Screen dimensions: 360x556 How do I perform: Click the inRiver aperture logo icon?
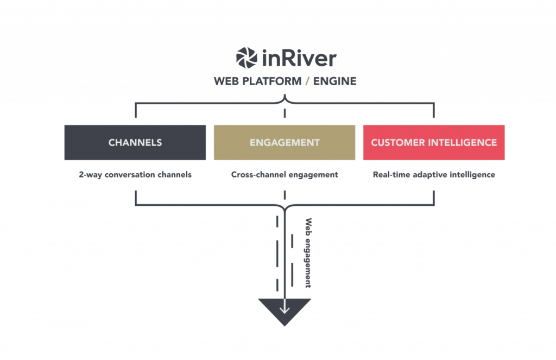tap(247, 58)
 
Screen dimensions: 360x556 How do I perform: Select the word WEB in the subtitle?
tap(225, 81)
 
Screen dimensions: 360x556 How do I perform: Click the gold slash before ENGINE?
tap(307, 81)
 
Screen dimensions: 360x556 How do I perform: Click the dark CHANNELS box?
tap(135, 142)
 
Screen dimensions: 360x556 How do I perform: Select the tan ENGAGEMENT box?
tap(285, 142)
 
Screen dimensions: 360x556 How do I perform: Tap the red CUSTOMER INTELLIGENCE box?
tap(434, 142)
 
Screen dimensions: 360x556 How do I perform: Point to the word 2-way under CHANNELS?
tap(89, 175)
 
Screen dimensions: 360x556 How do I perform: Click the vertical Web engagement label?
tap(309, 252)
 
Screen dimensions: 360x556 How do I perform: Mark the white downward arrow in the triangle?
tap(285, 307)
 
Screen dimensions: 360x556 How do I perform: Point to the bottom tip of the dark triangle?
tap(285, 325)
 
